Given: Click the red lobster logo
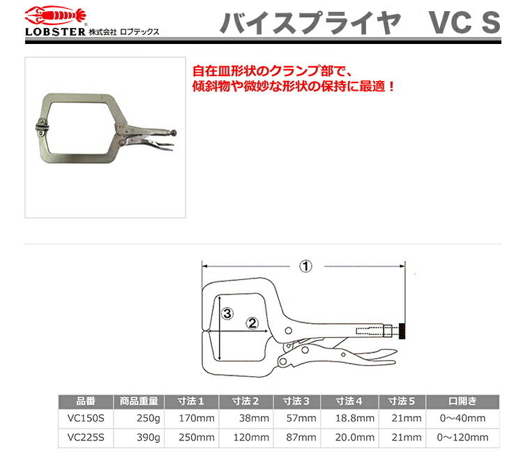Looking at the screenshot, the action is pos(55,15).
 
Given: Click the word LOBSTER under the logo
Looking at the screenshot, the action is pos(55,32).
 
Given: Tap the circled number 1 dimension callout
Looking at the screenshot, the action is pos(305,267).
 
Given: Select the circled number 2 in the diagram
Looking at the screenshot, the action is pos(252,323).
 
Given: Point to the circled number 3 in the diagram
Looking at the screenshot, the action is pos(227,313).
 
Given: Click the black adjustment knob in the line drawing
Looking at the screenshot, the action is pos(402,331).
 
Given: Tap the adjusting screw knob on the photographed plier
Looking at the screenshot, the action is pos(174,133).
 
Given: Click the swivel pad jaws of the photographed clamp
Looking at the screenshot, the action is pos(41,127).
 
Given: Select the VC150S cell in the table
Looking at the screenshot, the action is pos(86,418).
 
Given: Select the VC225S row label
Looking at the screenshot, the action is pos(86,438).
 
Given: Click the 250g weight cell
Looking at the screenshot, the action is pos(148,418).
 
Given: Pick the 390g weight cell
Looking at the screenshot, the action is pos(148,438).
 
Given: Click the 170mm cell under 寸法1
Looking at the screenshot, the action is pos(197,418).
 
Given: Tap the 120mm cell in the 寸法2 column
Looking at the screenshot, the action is pos(251,438).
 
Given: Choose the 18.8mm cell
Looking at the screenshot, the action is pos(354,418).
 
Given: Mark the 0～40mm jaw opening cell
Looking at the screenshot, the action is pos(462,418).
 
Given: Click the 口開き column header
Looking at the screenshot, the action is pos(462,401).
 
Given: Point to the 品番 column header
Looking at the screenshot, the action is pos(86,401).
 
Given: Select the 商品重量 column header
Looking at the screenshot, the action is pos(139,401).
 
